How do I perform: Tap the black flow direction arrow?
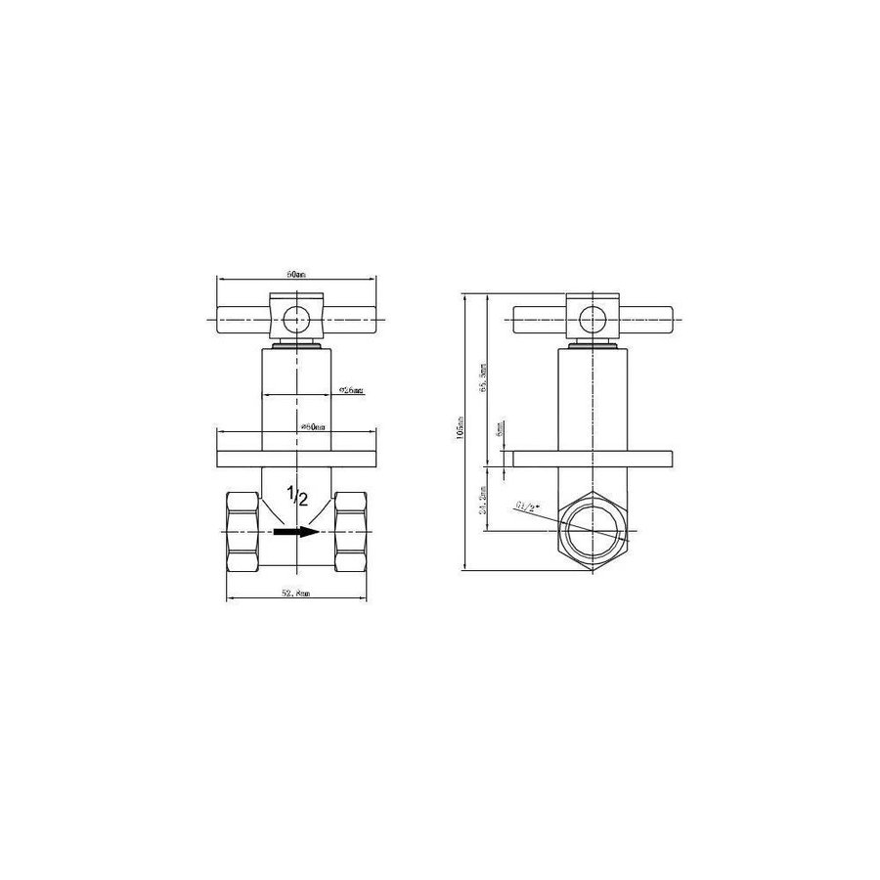pyautogui.click(x=297, y=532)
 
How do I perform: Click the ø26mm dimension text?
pyautogui.click(x=350, y=390)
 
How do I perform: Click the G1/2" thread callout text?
pyautogui.click(x=529, y=506)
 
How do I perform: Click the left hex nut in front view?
pyautogui.click(x=242, y=532)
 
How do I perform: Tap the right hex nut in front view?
pyautogui.click(x=349, y=532)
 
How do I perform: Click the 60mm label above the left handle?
pyautogui.click(x=294, y=275)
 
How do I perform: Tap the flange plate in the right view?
pyautogui.click(x=593, y=459)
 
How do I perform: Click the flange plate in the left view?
pyautogui.click(x=294, y=459)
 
